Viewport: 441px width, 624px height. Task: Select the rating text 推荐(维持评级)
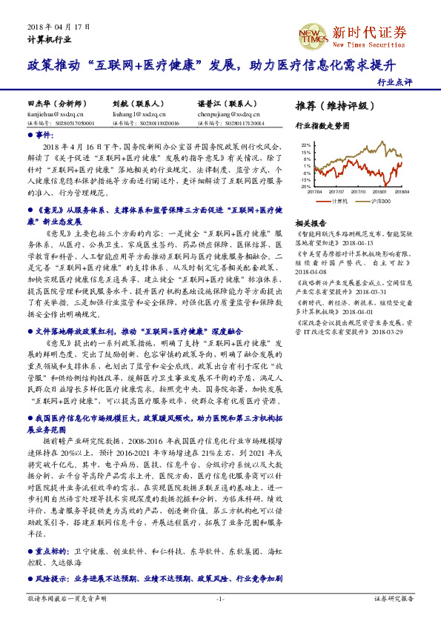[x=331, y=105]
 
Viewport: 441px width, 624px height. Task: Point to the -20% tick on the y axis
[x=305, y=187]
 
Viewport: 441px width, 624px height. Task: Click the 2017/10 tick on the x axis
[x=361, y=191]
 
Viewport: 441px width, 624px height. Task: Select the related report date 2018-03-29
[x=386, y=333]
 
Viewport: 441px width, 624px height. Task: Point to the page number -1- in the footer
[x=220, y=598]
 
